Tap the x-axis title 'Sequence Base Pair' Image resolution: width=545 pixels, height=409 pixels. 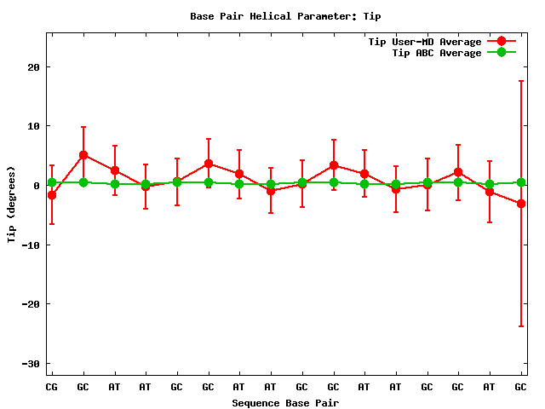click(x=285, y=402)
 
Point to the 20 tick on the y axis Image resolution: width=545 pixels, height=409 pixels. click(x=33, y=67)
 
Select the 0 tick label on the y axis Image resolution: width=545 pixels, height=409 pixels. click(x=37, y=186)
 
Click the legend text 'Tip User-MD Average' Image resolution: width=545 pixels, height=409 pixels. click(x=424, y=42)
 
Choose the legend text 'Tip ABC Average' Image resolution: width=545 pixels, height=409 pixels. click(x=437, y=53)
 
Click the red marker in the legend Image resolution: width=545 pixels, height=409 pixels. click(x=502, y=42)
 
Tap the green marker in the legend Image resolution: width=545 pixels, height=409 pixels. click(x=502, y=53)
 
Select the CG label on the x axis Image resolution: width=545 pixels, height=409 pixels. click(x=52, y=387)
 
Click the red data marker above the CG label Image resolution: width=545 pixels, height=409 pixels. click(x=52, y=195)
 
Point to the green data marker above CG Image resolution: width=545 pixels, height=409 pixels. click(x=52, y=182)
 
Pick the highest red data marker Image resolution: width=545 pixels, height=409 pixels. click(x=83, y=155)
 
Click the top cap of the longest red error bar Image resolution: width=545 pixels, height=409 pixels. click(x=520, y=81)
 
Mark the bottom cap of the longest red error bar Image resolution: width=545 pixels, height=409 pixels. click(x=520, y=326)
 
